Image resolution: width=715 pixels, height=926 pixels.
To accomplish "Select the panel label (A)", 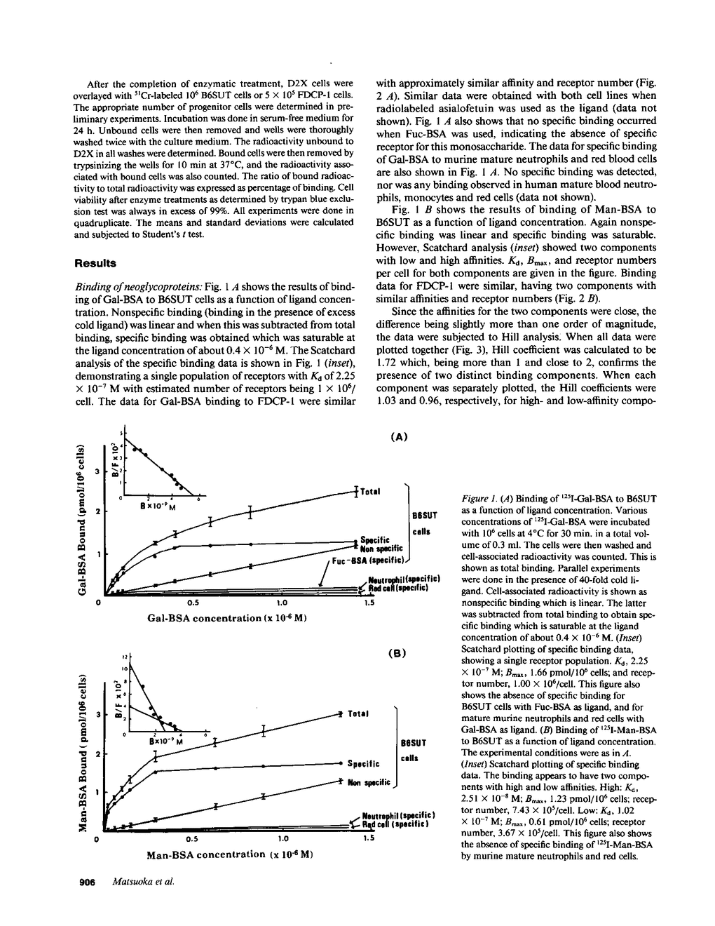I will click(397, 436).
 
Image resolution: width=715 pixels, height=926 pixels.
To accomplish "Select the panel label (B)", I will click(397, 653).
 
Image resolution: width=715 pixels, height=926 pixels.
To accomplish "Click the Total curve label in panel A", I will click(370, 491).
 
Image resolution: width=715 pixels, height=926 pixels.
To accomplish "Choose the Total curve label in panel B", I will click(358, 714).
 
